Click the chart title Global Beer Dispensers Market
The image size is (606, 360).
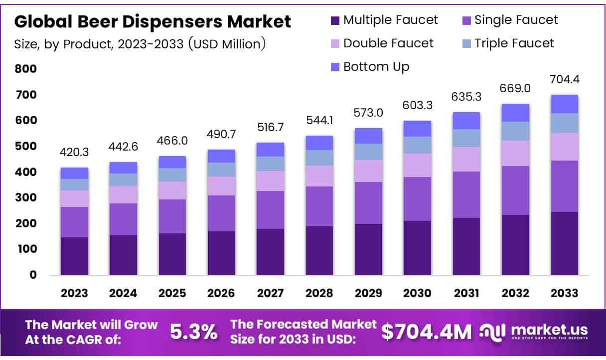[152, 22]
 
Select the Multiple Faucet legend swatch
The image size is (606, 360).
[335, 21]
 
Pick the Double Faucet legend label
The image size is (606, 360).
[388, 43]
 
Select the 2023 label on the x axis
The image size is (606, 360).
[74, 293]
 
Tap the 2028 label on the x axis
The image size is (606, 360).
[319, 293]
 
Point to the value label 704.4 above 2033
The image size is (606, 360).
[565, 79]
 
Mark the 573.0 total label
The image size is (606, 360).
[368, 113]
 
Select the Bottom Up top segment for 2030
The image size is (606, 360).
[418, 129]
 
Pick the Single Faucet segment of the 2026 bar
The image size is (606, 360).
[221, 213]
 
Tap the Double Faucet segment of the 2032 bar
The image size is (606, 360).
[516, 153]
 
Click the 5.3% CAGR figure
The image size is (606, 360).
[194, 331]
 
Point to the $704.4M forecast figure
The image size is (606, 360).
[426, 332]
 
